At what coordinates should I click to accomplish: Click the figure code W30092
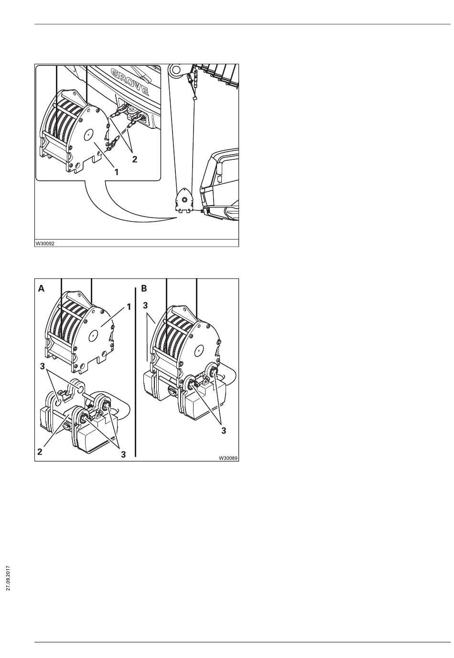click(45, 243)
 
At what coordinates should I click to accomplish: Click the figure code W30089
click(228, 458)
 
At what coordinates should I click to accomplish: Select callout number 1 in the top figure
click(117, 172)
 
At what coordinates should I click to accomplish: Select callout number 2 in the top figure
click(134, 159)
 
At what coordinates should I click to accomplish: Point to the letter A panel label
click(41, 289)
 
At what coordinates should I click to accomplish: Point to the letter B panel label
click(144, 289)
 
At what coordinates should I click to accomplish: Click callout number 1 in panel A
click(129, 307)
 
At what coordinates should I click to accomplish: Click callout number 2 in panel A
click(40, 451)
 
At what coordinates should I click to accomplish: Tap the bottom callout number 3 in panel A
click(123, 454)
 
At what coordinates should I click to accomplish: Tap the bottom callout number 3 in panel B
click(224, 431)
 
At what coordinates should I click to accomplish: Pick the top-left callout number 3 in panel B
click(145, 305)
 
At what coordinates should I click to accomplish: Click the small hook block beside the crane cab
click(184, 200)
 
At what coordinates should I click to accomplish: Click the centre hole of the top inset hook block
click(88, 135)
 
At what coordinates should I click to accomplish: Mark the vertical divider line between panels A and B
click(135, 372)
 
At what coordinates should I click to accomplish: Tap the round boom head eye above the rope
click(176, 70)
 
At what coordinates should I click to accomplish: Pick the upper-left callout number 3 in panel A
click(43, 366)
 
